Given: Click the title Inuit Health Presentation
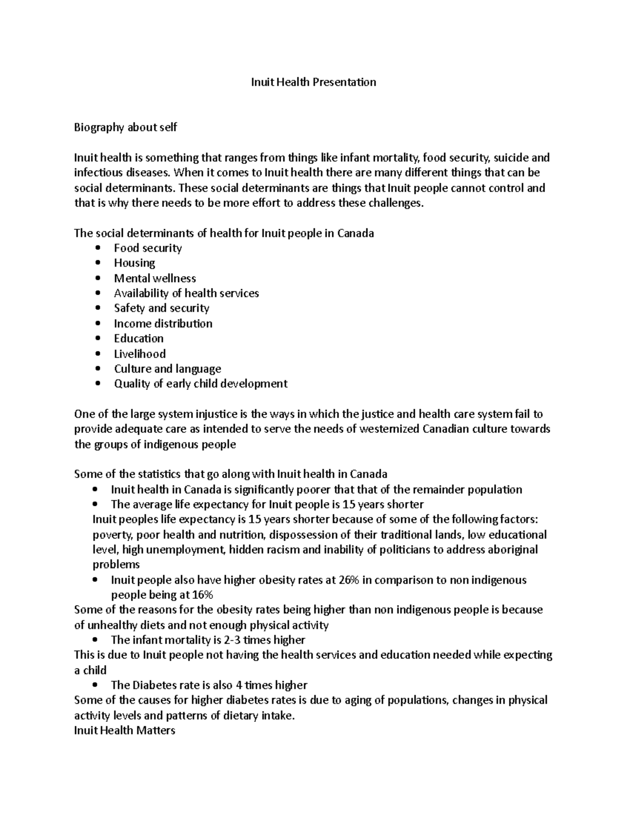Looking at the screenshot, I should click(313, 82).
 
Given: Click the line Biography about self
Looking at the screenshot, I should click(125, 127).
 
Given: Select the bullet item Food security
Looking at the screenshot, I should click(148, 248).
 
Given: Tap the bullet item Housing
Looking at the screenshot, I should click(134, 263).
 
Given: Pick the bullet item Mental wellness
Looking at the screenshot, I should click(155, 278).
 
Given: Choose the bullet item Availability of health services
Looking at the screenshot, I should click(186, 293).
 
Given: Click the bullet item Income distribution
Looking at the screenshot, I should click(163, 323).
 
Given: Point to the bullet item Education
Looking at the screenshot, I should click(139, 338).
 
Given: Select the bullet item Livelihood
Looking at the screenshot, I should click(140, 354).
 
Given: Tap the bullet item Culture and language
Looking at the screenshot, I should click(167, 369).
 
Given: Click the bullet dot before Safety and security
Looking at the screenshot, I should click(98, 309).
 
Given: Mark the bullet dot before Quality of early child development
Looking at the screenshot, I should click(98, 384).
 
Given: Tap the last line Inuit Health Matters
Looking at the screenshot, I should click(124, 731).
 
